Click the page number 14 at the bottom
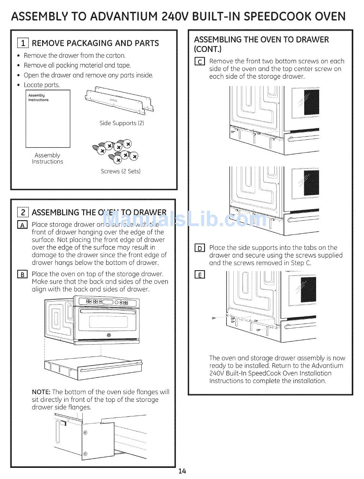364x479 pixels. (x=182, y=471)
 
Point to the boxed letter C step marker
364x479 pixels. (x=200, y=61)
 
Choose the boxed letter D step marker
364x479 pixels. (x=200, y=248)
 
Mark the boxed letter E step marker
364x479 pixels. (x=200, y=274)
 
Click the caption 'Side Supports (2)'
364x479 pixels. (x=122, y=123)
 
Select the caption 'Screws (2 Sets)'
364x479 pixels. (x=121, y=171)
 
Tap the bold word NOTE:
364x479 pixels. (x=41, y=392)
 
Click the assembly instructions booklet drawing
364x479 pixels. (x=48, y=119)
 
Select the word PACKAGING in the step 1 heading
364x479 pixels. (x=88, y=43)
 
